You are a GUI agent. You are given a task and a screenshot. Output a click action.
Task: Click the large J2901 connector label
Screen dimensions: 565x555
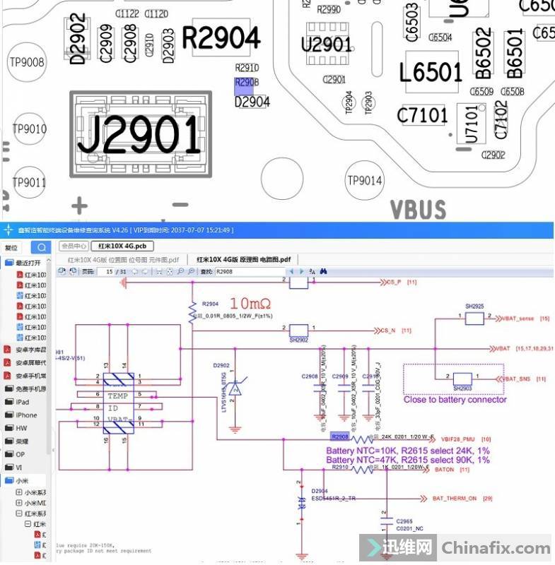[139, 134]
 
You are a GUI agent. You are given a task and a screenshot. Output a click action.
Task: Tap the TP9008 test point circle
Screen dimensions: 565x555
[27, 62]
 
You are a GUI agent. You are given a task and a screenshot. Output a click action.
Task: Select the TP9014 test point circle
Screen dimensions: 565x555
[364, 181]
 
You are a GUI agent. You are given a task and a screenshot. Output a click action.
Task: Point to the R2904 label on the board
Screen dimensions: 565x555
[221, 38]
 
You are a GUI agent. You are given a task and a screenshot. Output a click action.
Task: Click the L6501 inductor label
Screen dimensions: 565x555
[431, 72]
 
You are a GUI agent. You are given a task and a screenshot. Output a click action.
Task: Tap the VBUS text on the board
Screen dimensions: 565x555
[419, 210]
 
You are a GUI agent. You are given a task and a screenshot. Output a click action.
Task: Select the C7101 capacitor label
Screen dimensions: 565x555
[422, 115]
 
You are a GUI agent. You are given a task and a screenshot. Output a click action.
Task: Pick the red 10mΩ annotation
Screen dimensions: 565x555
[246, 304]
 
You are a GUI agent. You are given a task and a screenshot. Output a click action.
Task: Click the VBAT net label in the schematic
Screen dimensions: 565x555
[503, 349]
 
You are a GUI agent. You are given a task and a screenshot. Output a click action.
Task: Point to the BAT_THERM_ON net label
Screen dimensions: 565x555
[454, 498]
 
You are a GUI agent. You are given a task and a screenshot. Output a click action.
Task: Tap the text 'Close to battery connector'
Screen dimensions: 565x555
[455, 400]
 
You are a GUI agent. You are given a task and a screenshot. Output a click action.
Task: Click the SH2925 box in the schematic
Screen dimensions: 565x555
[474, 319]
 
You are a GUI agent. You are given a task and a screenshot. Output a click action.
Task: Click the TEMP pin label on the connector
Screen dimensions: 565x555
[117, 396]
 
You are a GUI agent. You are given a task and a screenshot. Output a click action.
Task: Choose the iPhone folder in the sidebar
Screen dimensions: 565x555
[26, 415]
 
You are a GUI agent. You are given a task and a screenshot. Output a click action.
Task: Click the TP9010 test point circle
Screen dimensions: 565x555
[30, 129]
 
